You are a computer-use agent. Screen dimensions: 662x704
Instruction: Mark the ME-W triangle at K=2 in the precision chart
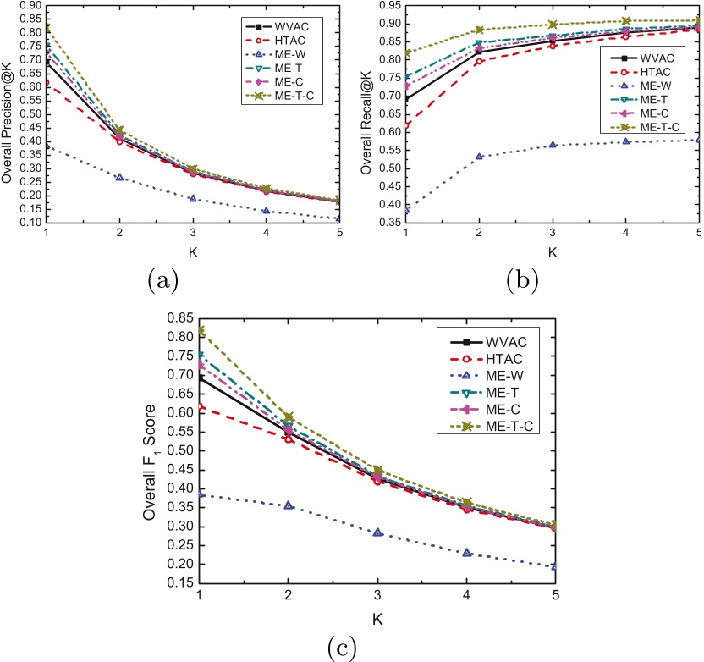pos(120,177)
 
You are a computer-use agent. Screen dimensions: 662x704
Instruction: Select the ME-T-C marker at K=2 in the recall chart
pos(480,30)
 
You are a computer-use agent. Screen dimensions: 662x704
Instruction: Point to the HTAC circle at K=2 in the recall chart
pos(480,61)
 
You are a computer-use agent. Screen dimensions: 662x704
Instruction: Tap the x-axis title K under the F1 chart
pos(377,620)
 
